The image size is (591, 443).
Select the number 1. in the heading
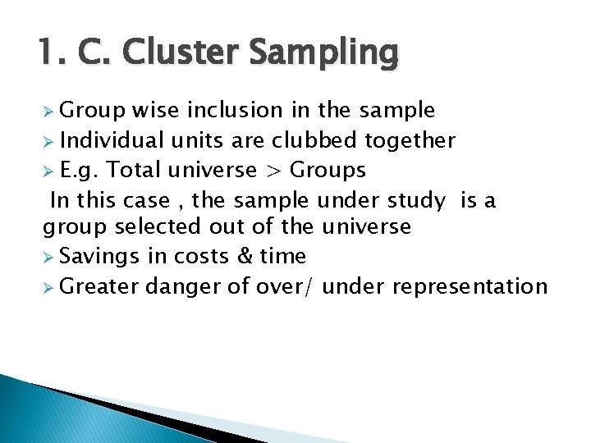(52, 53)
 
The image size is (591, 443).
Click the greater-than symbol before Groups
(273, 171)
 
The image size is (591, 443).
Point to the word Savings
(100, 257)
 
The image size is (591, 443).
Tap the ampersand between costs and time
(245, 257)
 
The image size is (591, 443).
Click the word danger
(182, 286)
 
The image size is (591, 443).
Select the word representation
(470, 286)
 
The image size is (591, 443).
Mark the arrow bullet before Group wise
(48, 111)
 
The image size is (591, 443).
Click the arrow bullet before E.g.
(48, 171)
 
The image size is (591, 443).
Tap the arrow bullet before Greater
(48, 286)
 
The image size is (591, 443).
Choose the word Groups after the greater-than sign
(328, 171)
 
